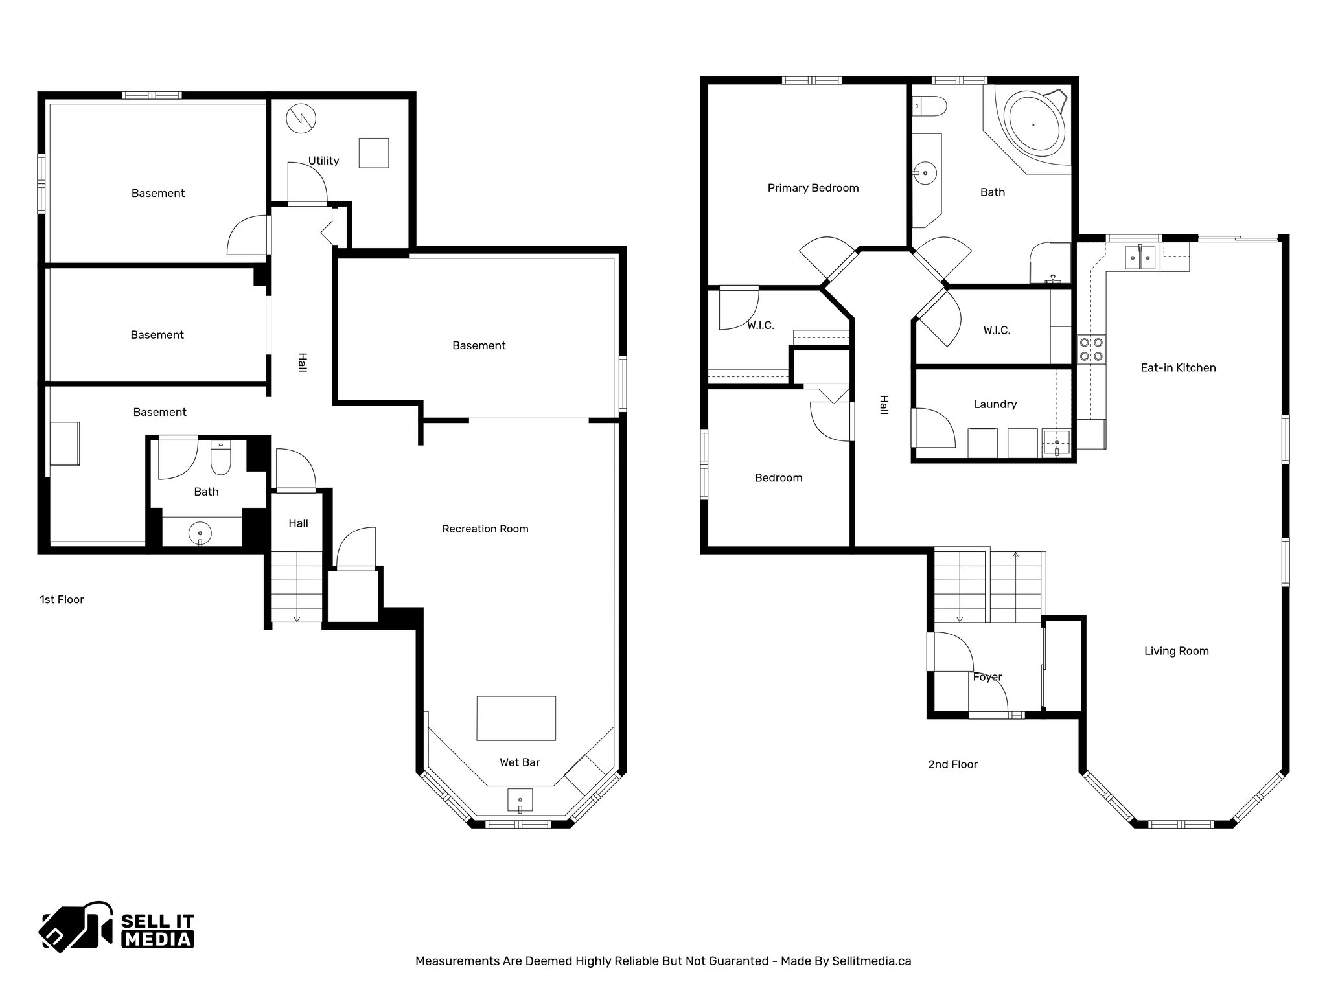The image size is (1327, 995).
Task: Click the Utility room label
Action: click(x=323, y=161)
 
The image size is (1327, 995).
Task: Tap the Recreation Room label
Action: click(x=485, y=529)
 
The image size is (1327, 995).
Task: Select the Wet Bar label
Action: click(x=520, y=762)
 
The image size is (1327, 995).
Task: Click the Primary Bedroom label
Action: click(x=813, y=188)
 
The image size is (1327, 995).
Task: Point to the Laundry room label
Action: click(x=995, y=404)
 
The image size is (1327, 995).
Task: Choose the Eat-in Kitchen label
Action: click(x=1178, y=367)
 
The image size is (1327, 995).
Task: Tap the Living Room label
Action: click(x=1176, y=651)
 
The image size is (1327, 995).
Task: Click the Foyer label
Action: click(x=987, y=677)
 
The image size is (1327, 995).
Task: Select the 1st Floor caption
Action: click(x=62, y=599)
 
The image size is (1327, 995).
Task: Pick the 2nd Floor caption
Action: click(x=952, y=764)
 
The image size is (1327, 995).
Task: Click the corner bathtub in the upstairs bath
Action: click(x=1033, y=125)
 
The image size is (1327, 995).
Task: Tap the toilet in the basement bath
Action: click(x=221, y=458)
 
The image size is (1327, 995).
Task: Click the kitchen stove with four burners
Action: click(x=1091, y=349)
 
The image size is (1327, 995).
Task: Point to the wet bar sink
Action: click(x=520, y=800)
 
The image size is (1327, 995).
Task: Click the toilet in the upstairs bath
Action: click(x=930, y=104)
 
